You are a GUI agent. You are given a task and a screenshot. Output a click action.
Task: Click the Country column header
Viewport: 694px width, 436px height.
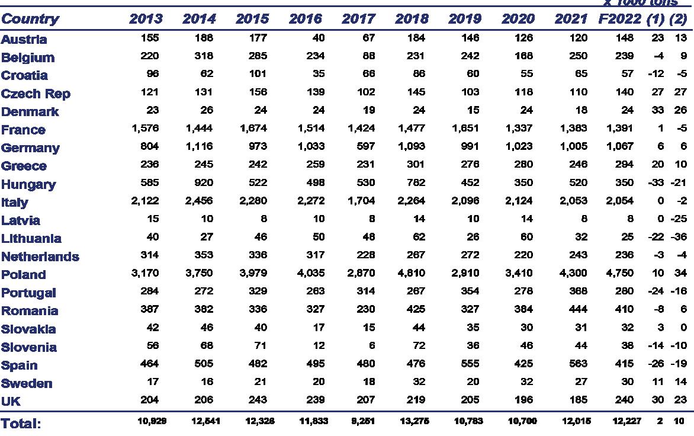30,19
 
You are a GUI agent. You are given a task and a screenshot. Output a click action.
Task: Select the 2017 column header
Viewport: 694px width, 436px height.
358,19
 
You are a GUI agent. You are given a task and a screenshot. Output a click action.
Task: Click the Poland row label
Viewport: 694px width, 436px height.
24,275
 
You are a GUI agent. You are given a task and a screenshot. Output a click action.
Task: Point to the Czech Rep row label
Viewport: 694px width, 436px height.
36,94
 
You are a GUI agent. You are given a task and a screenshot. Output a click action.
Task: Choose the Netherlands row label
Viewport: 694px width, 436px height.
40,257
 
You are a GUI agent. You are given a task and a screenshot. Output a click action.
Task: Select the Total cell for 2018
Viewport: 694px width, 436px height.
414,421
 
